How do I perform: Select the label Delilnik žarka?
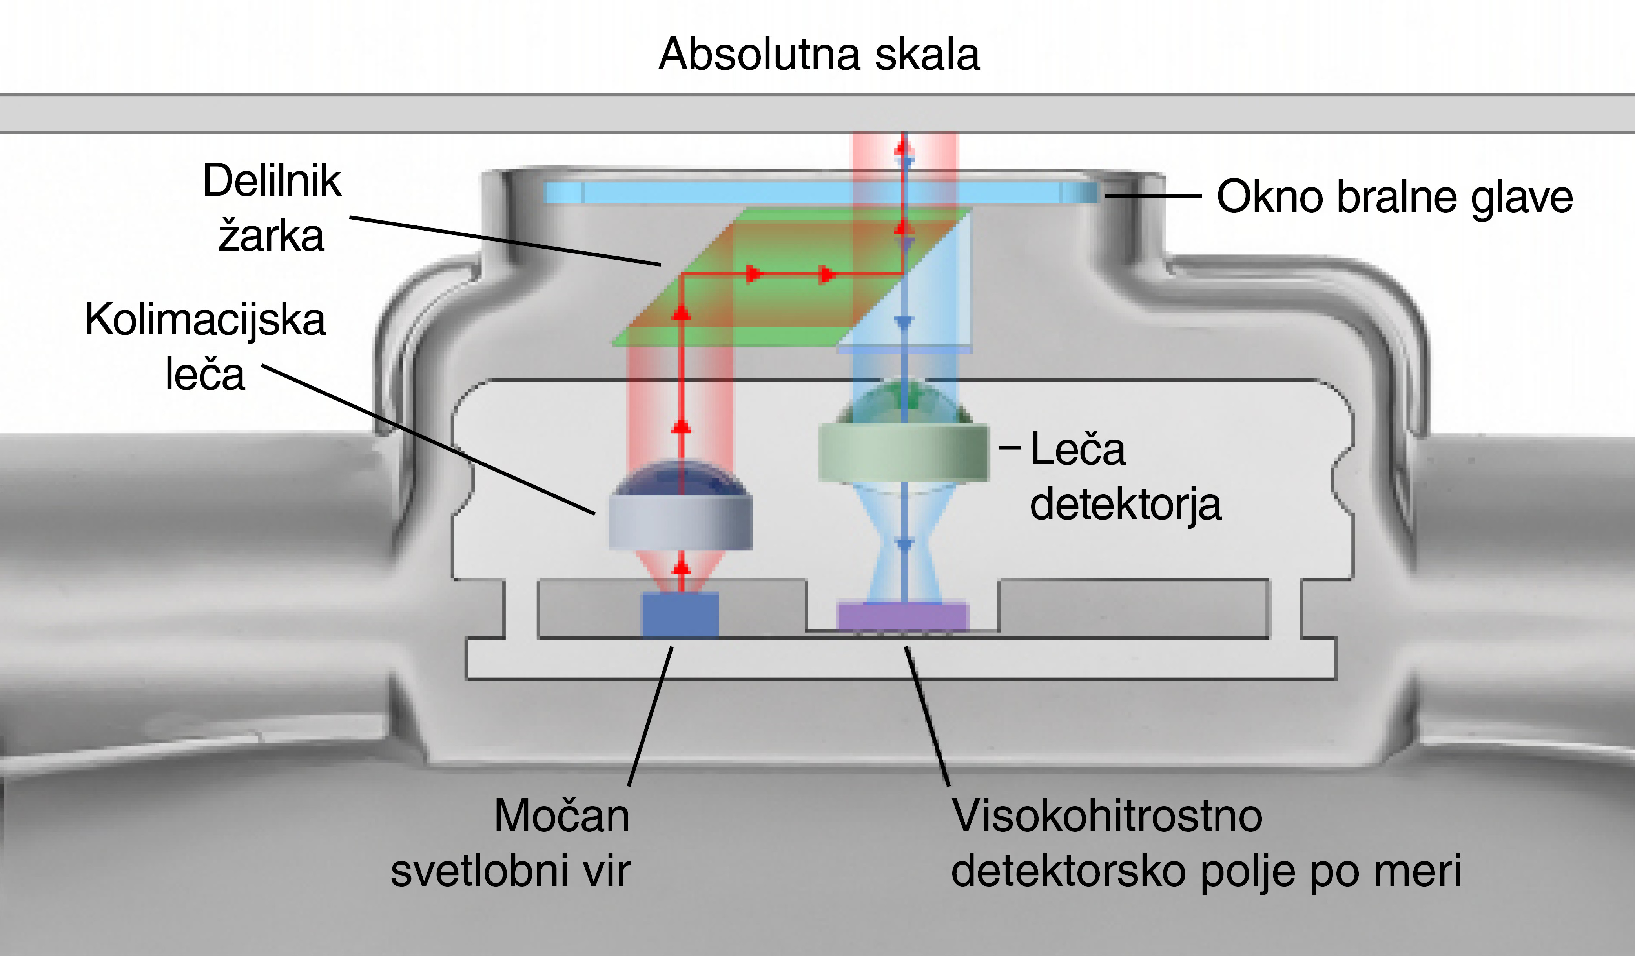pyautogui.click(x=271, y=207)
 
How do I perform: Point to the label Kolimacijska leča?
pyautogui.click(x=205, y=347)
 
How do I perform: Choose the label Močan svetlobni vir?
pyautogui.click(x=511, y=843)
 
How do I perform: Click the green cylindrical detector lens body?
pyautogui.click(x=903, y=452)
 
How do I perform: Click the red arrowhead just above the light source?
pyautogui.click(x=681, y=568)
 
